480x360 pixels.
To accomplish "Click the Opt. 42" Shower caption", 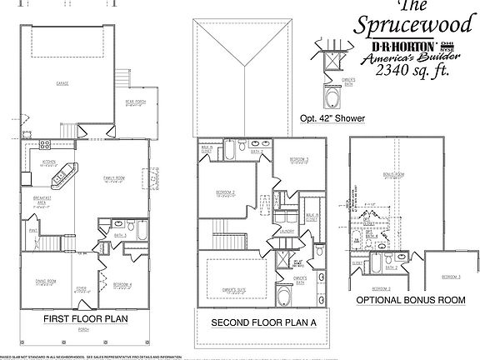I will [332, 119].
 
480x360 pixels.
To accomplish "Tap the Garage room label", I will [63, 84].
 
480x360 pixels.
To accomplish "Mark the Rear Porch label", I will [136, 103].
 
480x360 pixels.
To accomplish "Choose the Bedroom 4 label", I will [125, 285].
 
